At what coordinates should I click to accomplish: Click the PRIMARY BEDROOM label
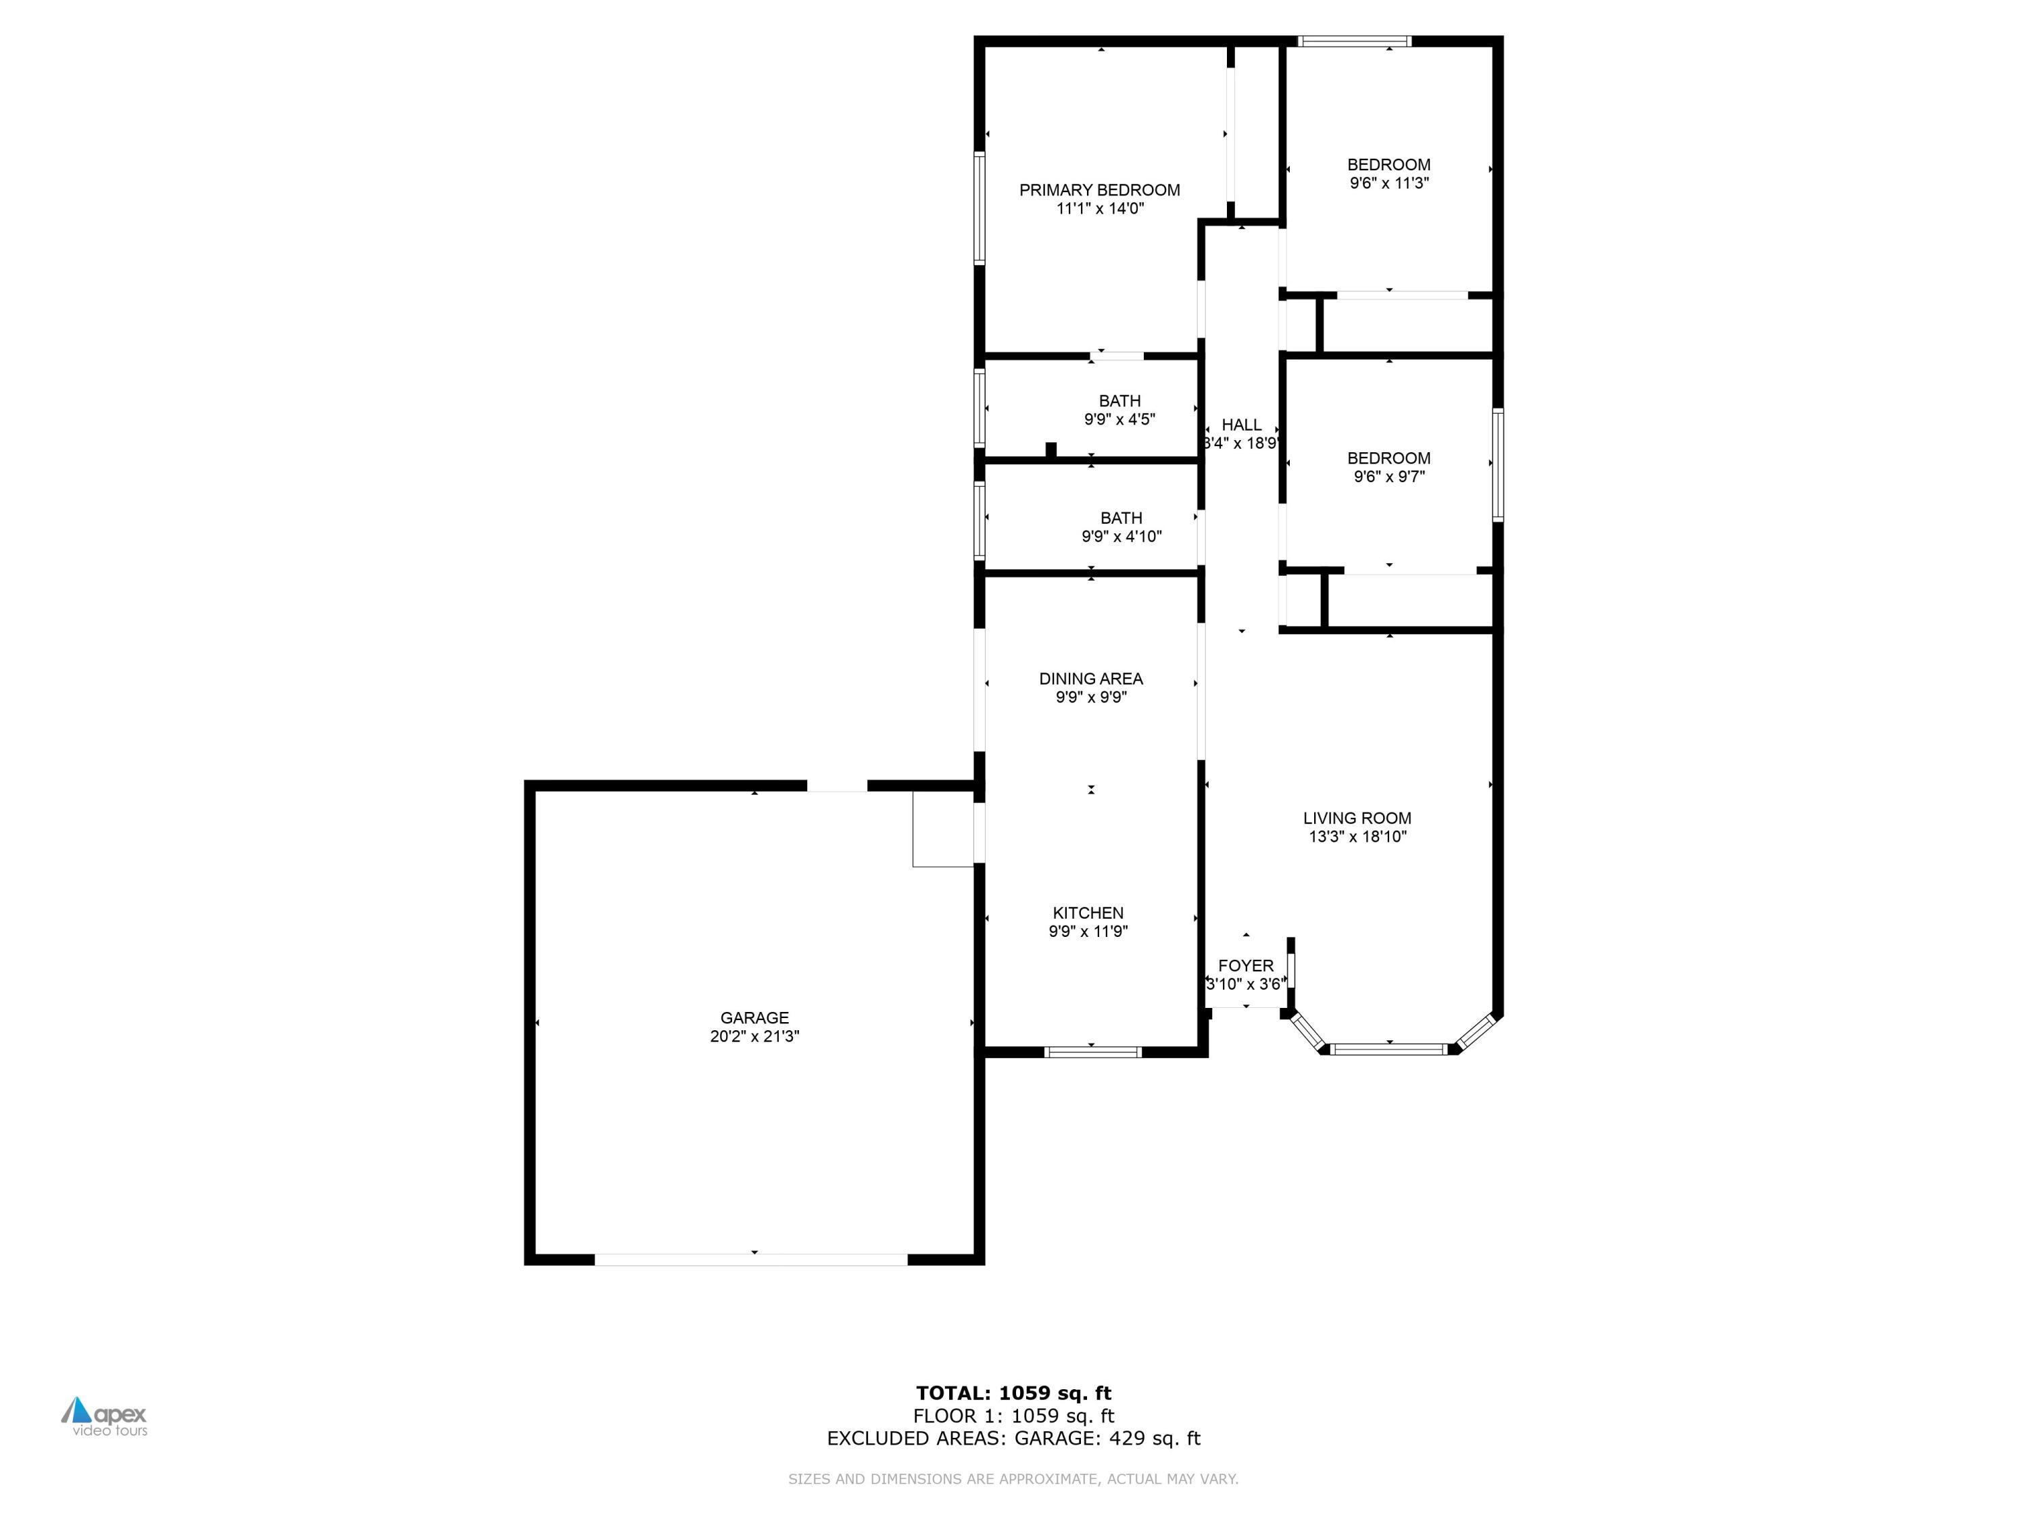(1099, 190)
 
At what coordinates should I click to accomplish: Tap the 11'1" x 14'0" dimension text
(1099, 209)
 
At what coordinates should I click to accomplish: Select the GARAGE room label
(754, 1017)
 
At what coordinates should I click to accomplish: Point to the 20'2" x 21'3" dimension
(754, 1037)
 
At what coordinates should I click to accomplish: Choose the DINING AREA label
(1090, 679)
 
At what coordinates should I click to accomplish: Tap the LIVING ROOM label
(1357, 818)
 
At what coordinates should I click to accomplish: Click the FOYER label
(1245, 965)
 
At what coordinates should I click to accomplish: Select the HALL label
(1241, 425)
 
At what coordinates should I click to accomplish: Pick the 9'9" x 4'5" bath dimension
(1119, 420)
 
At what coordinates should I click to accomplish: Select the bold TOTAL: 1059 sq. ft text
(1013, 1393)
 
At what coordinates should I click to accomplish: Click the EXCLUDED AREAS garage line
(1013, 1439)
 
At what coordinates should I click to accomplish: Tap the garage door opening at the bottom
(751, 1259)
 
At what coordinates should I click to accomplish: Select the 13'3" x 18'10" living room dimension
(1357, 837)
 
